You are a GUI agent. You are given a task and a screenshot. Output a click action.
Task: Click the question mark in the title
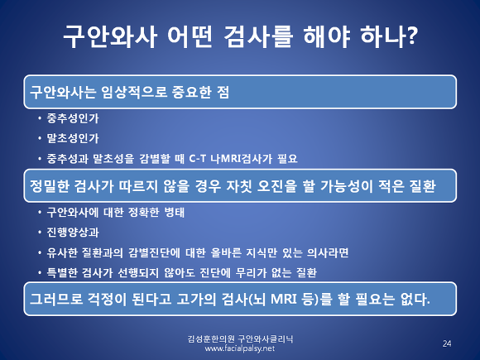pos(410,36)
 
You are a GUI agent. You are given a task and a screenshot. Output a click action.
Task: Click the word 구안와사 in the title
pos(110,36)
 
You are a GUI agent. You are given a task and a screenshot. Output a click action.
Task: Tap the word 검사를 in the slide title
pos(258,36)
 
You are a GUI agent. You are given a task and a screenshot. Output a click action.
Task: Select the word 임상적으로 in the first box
pos(134,92)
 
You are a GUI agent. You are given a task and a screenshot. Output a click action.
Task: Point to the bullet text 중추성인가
pos(73,118)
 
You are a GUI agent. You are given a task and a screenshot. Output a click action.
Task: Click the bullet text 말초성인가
pos(73,138)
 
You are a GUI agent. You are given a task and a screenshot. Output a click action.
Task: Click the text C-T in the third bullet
pos(198,159)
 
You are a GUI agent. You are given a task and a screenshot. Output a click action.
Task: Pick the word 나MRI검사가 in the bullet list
pos(241,159)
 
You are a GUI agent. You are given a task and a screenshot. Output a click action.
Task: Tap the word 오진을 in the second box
pos(277,186)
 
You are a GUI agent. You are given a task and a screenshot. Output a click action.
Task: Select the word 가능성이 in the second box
pos(346,186)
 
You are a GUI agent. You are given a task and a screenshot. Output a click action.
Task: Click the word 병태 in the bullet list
pos(174,212)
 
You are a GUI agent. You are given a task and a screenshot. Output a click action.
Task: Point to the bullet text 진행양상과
pos(73,233)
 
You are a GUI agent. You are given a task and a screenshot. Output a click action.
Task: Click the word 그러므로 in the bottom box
pos(56,299)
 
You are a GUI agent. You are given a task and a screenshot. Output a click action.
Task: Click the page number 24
pos(447,343)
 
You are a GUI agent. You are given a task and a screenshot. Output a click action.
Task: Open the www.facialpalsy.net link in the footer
pos(240,348)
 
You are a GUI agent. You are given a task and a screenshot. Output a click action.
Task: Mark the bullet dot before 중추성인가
pos(40,118)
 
